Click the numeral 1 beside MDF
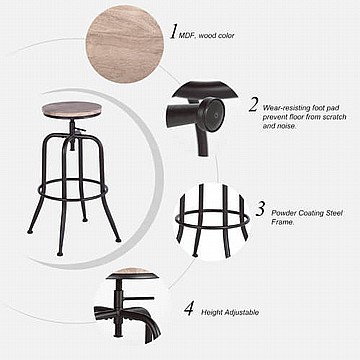(173, 32)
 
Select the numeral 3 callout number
(260, 209)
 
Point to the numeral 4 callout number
(189, 308)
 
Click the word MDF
(186, 36)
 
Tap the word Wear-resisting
(283, 108)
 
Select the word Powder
(283, 213)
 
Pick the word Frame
(283, 222)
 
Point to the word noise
(286, 126)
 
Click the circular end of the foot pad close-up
(212, 114)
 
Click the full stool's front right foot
(118, 240)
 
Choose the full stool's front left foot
(60, 254)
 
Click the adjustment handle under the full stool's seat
(80, 129)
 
